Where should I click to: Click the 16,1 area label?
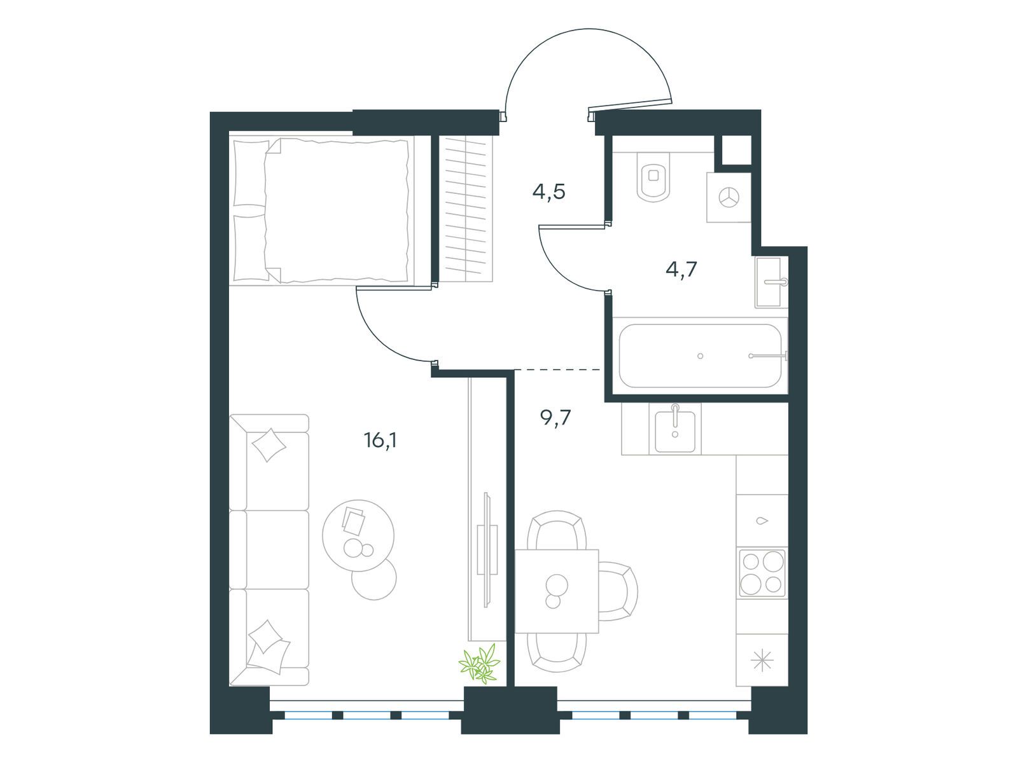point(380,441)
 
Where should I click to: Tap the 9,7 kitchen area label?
point(555,418)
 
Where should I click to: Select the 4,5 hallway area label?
point(548,191)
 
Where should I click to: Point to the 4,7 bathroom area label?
point(681,269)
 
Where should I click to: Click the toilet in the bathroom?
point(653,177)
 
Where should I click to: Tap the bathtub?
point(701,356)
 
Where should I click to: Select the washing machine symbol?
point(729,197)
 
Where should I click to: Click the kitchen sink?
point(675,431)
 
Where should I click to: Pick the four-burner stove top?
point(762,573)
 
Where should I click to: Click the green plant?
point(480,665)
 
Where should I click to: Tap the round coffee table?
point(358,535)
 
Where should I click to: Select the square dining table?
point(557,591)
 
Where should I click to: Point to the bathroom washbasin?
point(770,282)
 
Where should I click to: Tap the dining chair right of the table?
point(618,591)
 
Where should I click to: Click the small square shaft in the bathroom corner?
point(733,150)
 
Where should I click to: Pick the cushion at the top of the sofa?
point(268,445)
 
